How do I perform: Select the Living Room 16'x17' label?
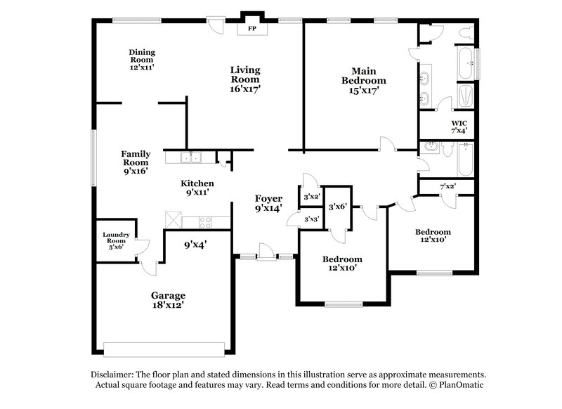pos(245,79)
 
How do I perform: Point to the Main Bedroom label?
pos(369,80)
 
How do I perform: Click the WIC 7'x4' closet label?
pos(458,126)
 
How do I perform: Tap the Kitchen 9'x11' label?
pos(198,186)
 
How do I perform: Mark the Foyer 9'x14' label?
pos(268,203)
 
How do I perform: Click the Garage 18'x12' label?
pos(167,300)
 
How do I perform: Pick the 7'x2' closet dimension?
pos(447,186)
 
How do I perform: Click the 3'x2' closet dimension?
pos(311,197)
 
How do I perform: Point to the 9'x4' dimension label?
pos(195,245)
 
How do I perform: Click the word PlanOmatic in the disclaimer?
pos(462,385)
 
